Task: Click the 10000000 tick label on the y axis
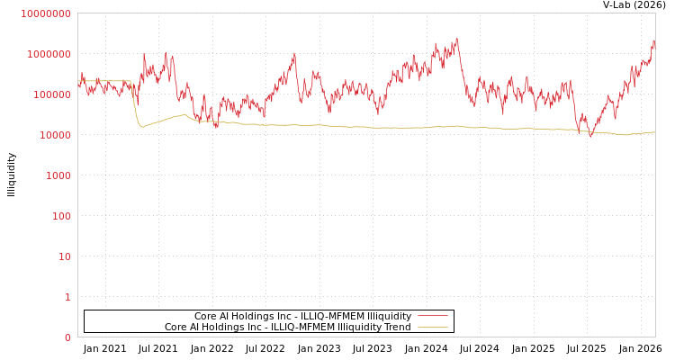[x=45, y=13]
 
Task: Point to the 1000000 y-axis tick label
[x=49, y=54]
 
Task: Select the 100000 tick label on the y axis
[x=51, y=94]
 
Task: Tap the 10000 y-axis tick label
[x=54, y=135]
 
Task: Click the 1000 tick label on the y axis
[x=58, y=175]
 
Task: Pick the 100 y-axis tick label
[x=61, y=216]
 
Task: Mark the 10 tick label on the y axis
[x=65, y=256]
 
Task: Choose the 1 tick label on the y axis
[x=67, y=297]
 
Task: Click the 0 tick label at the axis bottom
[x=67, y=337]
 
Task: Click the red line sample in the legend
[x=433, y=317]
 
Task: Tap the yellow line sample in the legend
[x=433, y=328]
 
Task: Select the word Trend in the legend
[x=397, y=328]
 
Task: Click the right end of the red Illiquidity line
[x=654, y=41]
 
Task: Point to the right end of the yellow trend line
[x=654, y=132]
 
